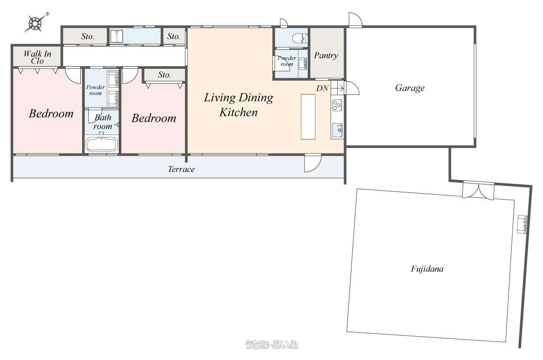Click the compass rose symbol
point(36,23)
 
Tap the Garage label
point(410,88)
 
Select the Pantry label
point(326,56)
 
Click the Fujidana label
point(427,269)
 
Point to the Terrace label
point(181,169)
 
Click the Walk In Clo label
point(38,57)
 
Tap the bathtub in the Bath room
point(102,144)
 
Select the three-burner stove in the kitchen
point(337,105)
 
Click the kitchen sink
point(337,130)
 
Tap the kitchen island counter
point(308,117)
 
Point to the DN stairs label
point(322,88)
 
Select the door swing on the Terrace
point(313,163)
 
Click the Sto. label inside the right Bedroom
point(164,75)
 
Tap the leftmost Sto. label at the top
point(87,37)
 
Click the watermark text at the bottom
point(271,345)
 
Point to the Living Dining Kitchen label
point(238,105)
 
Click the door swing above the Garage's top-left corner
point(355,19)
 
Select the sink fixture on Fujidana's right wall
point(522,224)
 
